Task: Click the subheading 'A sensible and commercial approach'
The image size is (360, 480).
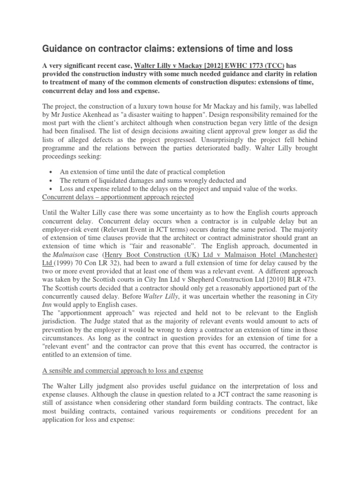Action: [x=123, y=370]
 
